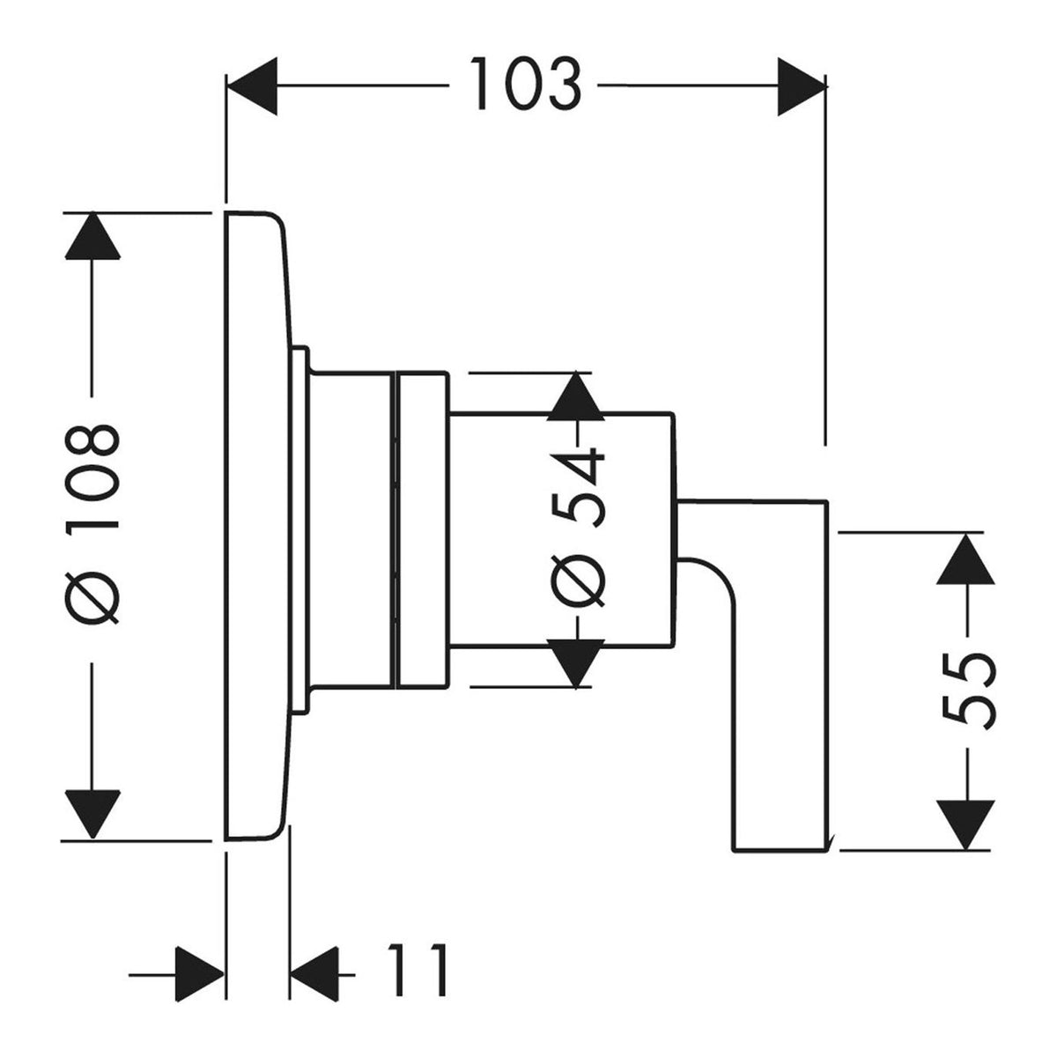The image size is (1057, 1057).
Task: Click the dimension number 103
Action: (x=526, y=84)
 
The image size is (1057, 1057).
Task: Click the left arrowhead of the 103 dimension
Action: (x=252, y=86)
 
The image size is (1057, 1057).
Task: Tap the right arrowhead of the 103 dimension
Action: (x=802, y=86)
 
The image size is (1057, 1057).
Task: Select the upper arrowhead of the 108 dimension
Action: (x=92, y=235)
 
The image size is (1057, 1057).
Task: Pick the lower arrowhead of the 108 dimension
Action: (x=92, y=814)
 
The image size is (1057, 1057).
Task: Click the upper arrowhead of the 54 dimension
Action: (x=575, y=396)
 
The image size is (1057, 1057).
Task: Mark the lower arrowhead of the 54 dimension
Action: (x=575, y=663)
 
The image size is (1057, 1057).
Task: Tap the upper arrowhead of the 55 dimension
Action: (x=965, y=559)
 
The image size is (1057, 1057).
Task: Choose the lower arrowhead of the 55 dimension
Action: (x=965, y=825)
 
